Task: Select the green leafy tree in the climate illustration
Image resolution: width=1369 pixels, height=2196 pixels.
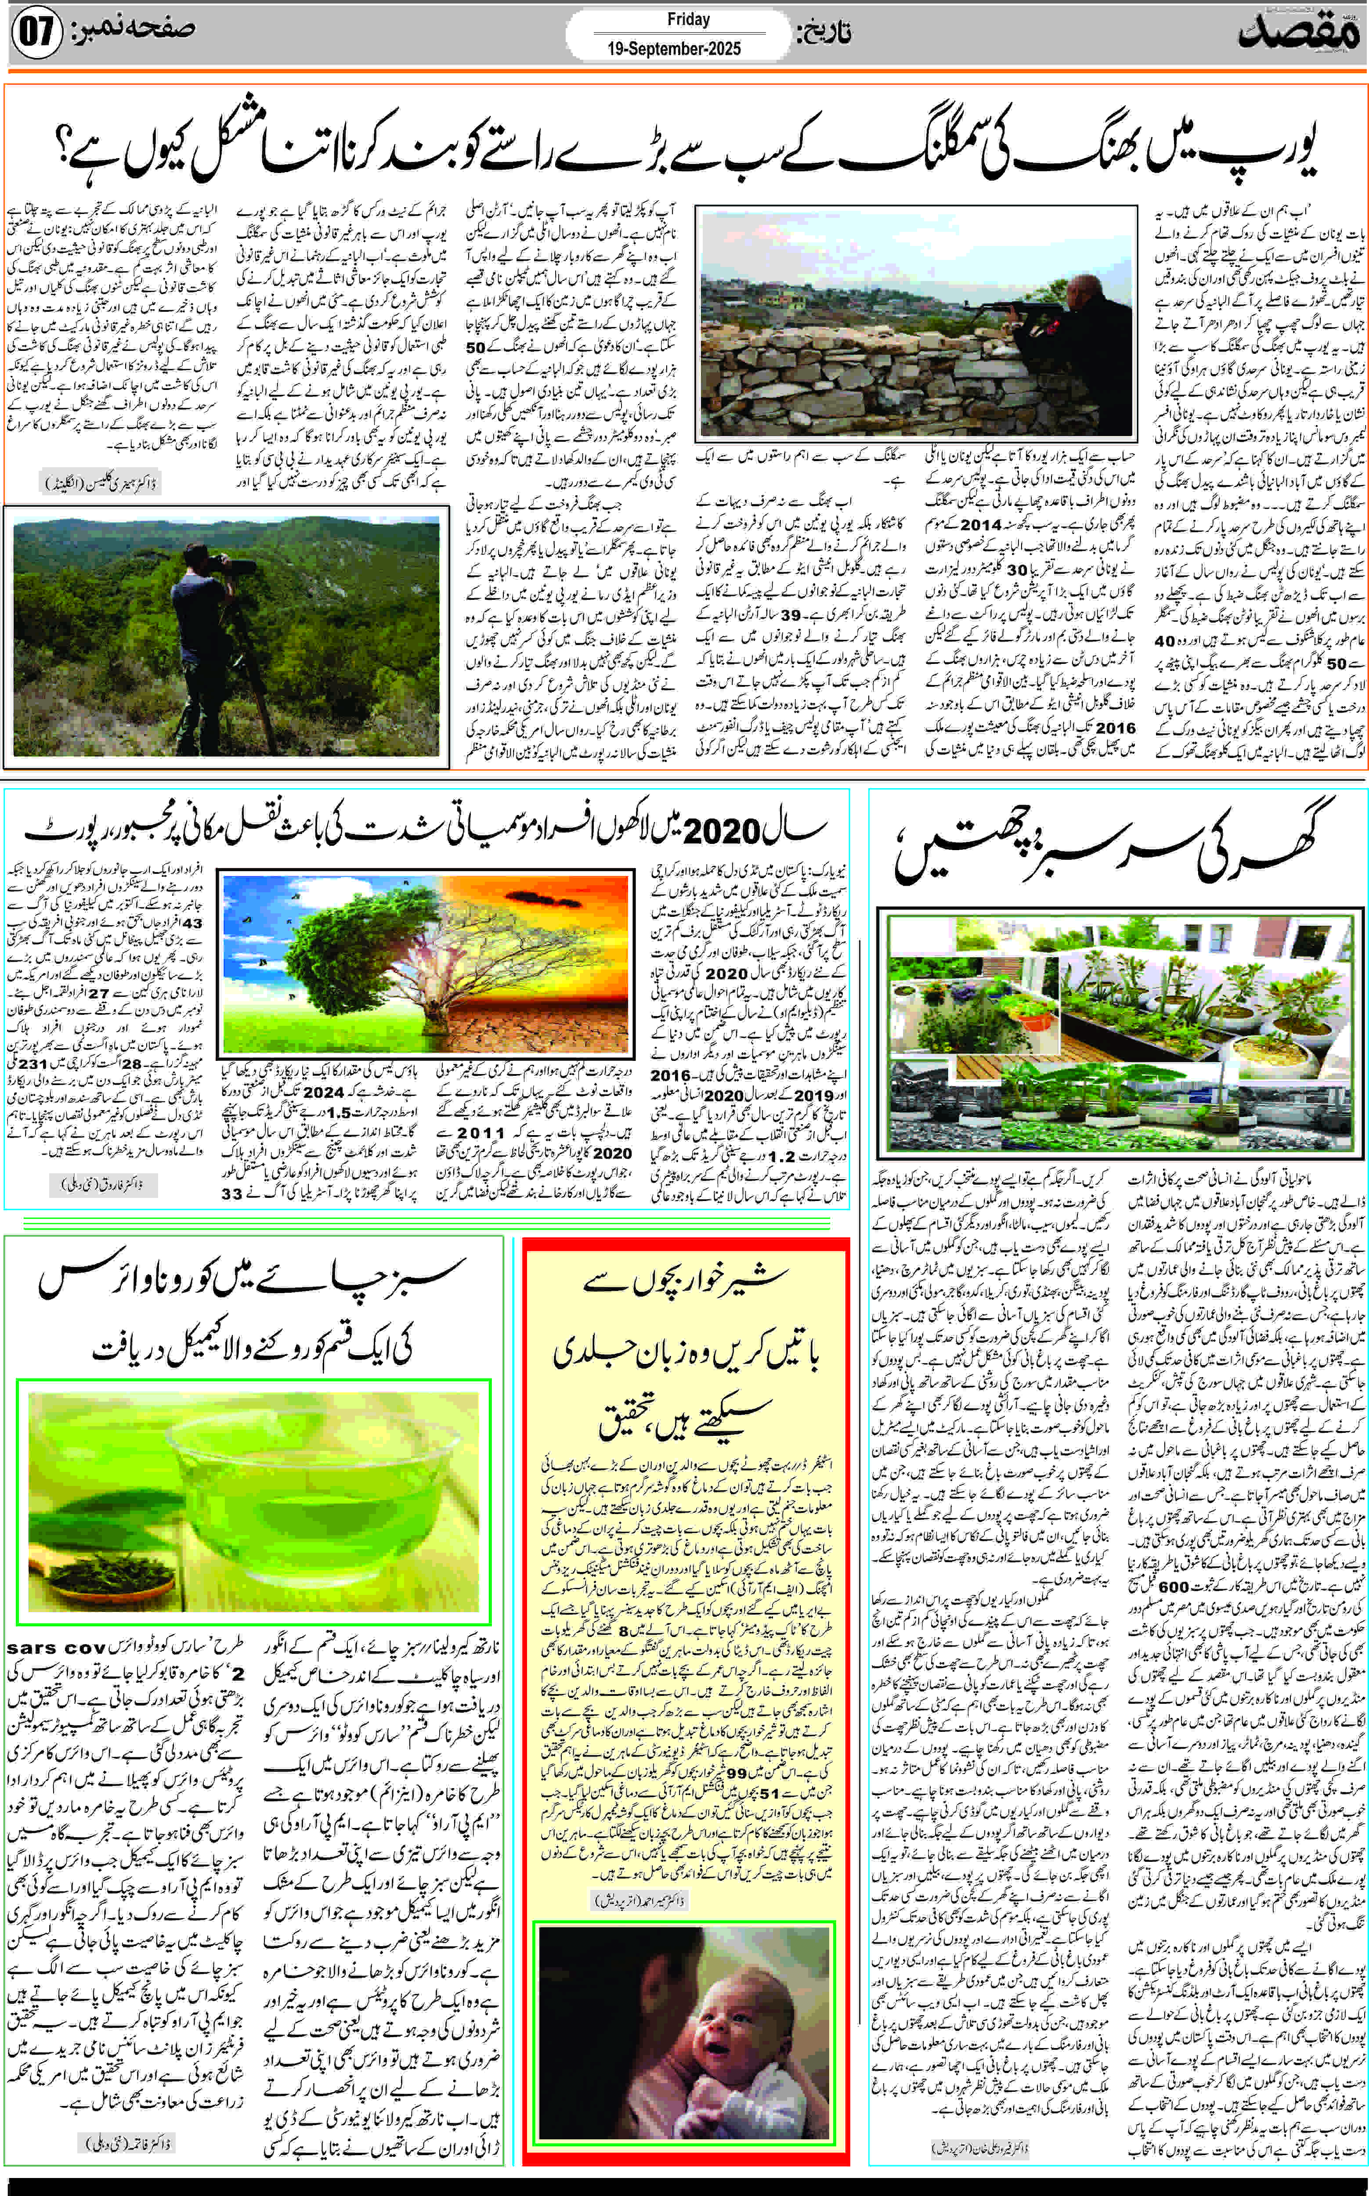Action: tap(335, 964)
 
